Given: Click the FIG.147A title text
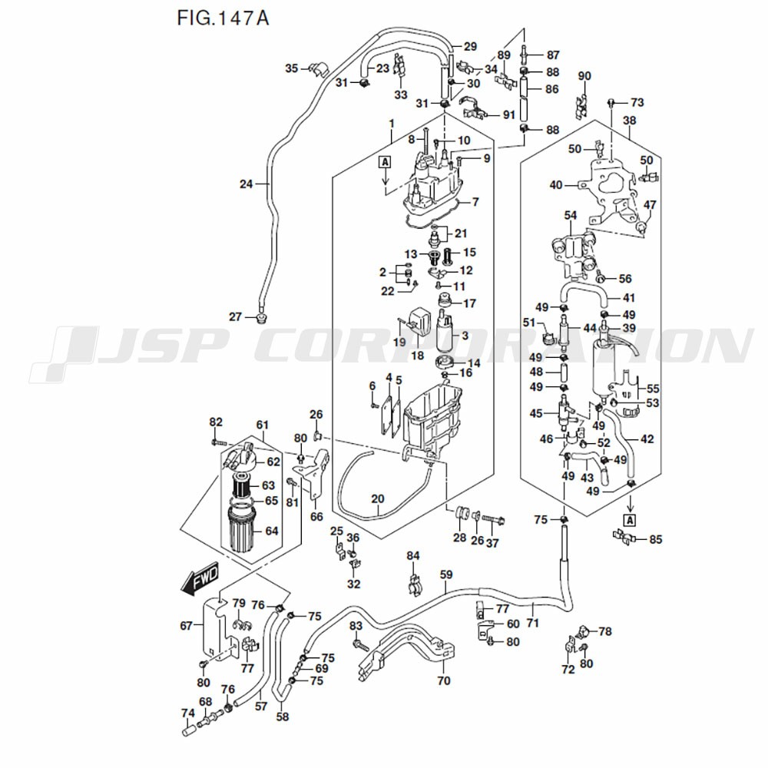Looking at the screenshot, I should point(217,18).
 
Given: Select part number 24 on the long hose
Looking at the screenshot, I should point(246,184).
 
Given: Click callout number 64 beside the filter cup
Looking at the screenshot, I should point(271,531).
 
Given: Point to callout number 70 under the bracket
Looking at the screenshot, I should point(443,680).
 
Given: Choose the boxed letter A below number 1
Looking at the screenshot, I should point(384,161).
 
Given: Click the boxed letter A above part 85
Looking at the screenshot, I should point(630,519).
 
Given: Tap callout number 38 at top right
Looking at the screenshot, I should point(630,121).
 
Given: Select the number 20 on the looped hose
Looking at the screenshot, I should point(377,499).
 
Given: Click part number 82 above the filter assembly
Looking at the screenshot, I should point(216,422).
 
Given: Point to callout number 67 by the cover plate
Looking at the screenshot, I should point(186,626).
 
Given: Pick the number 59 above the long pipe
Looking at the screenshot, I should point(446,574).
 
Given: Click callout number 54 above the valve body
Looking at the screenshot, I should point(570,216).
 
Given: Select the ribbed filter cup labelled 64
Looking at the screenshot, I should point(243,531).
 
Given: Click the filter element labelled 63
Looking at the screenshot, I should point(243,485).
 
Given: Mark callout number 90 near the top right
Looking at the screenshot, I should point(584,76).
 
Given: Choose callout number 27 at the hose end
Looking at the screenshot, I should point(235,316).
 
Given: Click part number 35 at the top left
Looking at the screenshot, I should point(291,68).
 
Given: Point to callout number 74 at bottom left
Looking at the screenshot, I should point(187,713).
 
